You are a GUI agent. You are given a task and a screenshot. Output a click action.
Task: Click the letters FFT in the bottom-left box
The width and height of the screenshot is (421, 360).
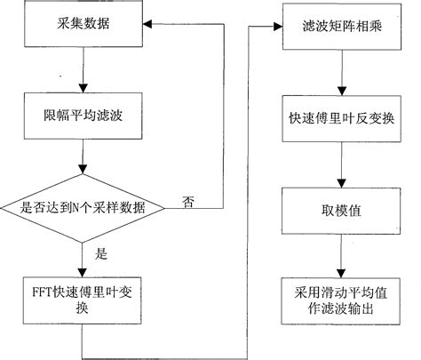[x=41, y=289]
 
